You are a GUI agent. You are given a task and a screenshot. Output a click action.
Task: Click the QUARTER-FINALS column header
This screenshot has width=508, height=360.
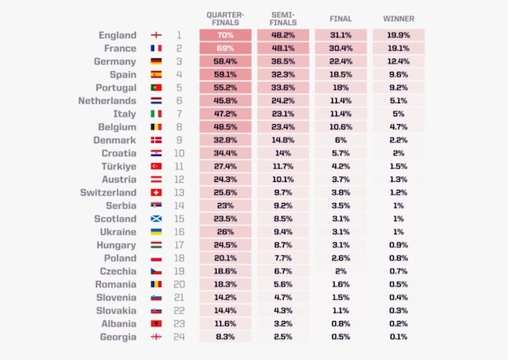[224, 18]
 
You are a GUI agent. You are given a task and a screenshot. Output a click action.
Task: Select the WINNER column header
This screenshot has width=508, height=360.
[399, 18]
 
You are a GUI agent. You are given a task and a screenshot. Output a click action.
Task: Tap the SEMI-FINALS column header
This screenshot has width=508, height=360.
[282, 18]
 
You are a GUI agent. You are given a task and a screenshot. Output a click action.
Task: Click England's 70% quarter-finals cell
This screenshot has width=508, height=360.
[224, 35]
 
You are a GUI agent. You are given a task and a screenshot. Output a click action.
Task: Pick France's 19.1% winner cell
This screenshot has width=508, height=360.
[399, 48]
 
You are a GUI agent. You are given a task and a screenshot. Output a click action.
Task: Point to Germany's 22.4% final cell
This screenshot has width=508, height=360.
[341, 62]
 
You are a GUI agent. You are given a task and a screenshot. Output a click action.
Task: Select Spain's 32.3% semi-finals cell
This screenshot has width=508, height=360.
[282, 75]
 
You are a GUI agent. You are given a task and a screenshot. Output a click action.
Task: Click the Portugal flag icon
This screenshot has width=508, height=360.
[156, 87]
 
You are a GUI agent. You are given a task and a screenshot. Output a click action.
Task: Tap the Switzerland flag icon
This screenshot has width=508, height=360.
[156, 193]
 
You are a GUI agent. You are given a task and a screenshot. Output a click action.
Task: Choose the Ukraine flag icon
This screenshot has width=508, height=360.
[156, 232]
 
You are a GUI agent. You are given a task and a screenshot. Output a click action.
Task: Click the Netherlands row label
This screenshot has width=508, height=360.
[108, 101]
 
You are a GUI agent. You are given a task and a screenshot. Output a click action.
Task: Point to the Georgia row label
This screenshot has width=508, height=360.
[118, 337]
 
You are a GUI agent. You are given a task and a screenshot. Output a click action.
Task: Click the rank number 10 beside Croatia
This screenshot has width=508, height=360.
[178, 153]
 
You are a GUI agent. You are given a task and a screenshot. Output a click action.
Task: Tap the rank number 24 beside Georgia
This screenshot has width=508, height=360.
[178, 337]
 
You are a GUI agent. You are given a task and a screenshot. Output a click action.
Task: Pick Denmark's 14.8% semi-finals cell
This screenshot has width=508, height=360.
[282, 141]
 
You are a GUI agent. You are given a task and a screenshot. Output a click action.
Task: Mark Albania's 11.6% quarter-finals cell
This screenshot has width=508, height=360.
[224, 324]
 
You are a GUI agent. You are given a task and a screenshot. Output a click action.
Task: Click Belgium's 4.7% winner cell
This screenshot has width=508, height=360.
[399, 127]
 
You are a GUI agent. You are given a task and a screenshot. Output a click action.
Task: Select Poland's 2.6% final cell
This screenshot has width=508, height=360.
[341, 258]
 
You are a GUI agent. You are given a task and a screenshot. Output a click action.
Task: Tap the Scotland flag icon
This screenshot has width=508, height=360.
[156, 219]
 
